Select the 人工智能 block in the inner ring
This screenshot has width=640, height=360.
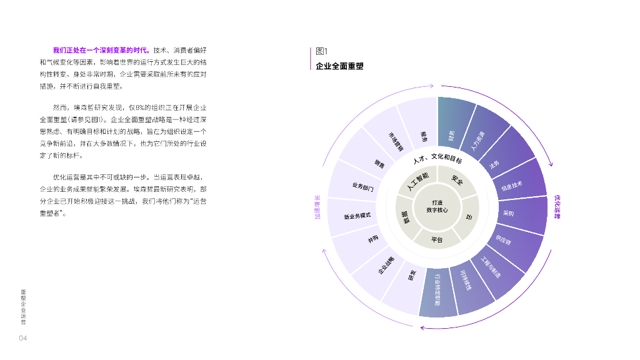point(417,181)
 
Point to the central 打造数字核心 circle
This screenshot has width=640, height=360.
point(437,207)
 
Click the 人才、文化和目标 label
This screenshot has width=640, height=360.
point(437,160)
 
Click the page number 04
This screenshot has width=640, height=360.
point(22,338)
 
